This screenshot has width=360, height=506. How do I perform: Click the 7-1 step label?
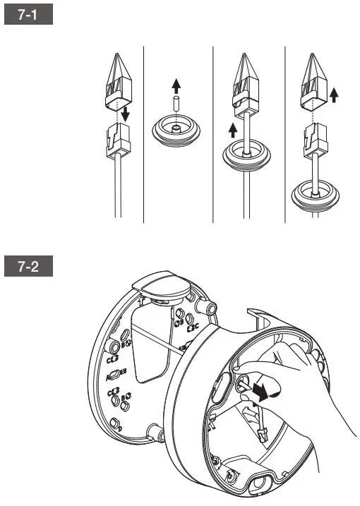tap(28, 16)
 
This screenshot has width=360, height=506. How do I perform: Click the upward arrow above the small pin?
tap(177, 87)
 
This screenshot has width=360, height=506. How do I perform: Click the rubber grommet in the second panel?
tap(177, 131)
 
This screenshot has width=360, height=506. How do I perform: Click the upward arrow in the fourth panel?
tap(334, 93)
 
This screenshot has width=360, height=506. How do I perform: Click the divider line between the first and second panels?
tap(143, 134)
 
